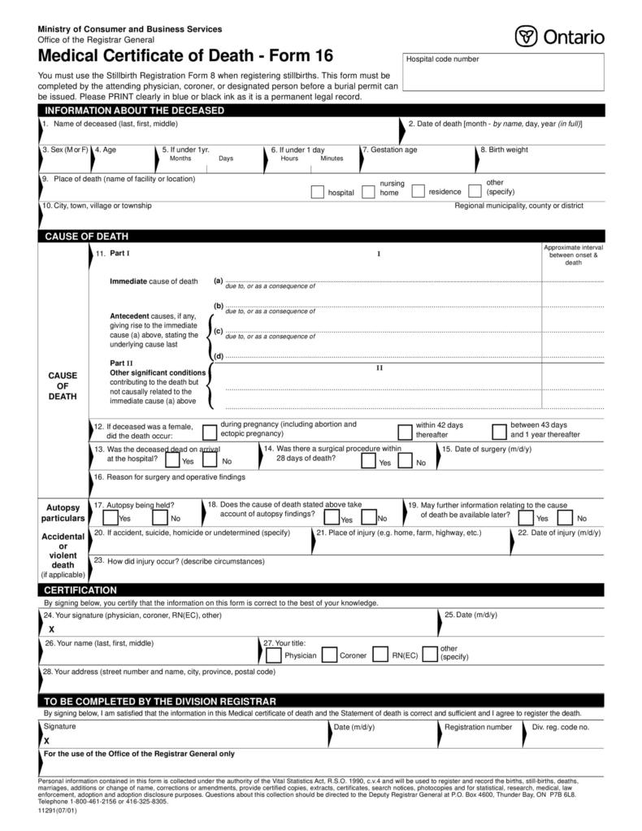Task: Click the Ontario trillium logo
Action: [526, 37]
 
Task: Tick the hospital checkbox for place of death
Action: [318, 192]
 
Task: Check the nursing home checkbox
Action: [368, 192]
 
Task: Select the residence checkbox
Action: [419, 192]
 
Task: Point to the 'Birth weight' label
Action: [506, 150]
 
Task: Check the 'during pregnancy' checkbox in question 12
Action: [210, 432]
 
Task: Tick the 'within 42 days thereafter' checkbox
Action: [405, 432]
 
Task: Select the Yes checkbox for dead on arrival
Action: [172, 460]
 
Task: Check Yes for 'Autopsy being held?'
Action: [111, 517]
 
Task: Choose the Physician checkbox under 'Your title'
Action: [274, 655]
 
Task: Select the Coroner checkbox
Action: [330, 655]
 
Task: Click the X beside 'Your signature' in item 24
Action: [51, 629]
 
